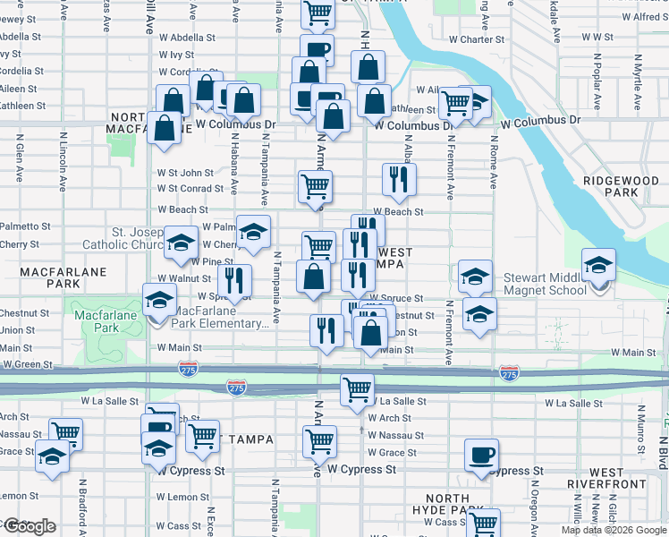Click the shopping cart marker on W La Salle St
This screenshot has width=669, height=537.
[x=357, y=390]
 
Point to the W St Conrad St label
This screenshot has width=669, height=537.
[x=190, y=189]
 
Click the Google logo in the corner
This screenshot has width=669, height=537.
[x=29, y=526]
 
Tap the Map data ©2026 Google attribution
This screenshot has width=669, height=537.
[x=614, y=530]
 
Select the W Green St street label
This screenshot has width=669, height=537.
[x=28, y=365]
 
